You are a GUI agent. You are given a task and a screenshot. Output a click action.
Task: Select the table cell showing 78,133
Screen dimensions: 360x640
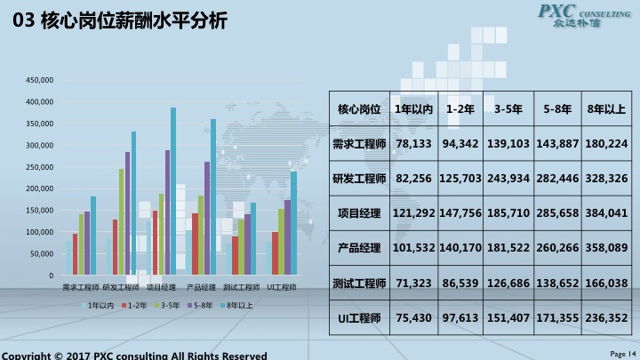pos(413,143)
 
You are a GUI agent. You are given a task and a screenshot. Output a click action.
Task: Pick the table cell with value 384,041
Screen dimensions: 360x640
pos(607,213)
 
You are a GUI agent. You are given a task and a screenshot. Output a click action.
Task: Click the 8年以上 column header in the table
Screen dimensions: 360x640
pos(607,108)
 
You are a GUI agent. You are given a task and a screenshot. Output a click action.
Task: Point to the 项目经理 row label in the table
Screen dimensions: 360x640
pos(359,213)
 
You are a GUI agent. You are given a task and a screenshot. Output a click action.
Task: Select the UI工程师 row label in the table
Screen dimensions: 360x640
pos(359,317)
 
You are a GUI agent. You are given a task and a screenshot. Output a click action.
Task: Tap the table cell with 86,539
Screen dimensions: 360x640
pos(460,283)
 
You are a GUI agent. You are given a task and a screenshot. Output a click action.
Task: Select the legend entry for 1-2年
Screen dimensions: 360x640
pos(133,305)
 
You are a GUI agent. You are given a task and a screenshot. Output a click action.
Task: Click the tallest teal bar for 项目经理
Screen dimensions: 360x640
pos(173,191)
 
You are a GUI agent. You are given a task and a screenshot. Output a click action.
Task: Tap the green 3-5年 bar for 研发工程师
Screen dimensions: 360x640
pos(122,222)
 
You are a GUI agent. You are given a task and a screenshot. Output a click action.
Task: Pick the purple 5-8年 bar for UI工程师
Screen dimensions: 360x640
pos(287,237)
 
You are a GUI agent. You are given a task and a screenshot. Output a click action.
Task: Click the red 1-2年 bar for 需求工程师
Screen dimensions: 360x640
pos(75,254)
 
